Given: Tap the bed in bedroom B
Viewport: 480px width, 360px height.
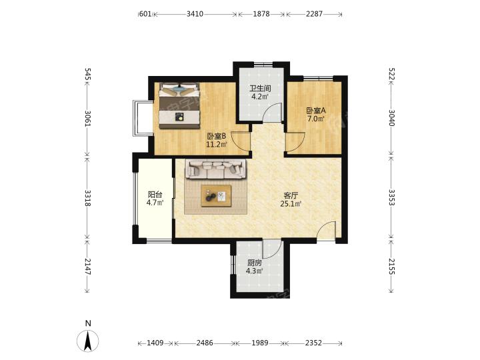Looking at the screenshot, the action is pos(179,105).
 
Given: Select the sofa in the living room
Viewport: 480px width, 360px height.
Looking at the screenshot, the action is pos(215,169).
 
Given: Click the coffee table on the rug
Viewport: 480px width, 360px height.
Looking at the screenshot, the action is pos(216,196).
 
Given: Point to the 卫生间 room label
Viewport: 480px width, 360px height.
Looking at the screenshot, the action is pos(260,89).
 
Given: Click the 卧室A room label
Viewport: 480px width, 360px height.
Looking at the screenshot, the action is pos(316,111).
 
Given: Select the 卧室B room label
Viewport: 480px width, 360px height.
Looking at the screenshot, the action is pos(217,136).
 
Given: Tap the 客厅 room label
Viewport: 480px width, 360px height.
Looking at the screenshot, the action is pos(291,195).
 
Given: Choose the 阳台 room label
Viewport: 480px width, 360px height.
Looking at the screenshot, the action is pos(155,195).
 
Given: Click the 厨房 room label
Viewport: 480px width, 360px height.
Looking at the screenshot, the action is pos(255,263).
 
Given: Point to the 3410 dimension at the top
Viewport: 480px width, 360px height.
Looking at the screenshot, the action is pos(195,14).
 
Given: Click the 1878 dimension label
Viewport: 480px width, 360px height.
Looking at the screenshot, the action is pos(261,14).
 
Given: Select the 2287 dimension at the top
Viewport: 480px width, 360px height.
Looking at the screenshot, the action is pos(314,14).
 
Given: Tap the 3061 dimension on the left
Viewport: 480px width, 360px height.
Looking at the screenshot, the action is pos(87,119).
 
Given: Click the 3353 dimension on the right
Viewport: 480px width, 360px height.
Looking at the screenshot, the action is pos(392,198).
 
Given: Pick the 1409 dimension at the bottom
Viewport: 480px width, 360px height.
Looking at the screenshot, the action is pos(155,343).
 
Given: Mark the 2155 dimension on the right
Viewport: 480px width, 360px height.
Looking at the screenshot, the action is pos(392,266).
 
